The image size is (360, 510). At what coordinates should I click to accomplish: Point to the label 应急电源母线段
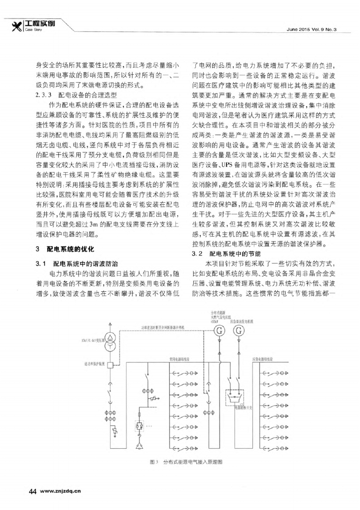(262, 359)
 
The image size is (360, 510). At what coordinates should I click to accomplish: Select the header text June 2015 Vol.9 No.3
(312, 29)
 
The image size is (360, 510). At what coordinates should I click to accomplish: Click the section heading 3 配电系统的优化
(68, 248)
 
